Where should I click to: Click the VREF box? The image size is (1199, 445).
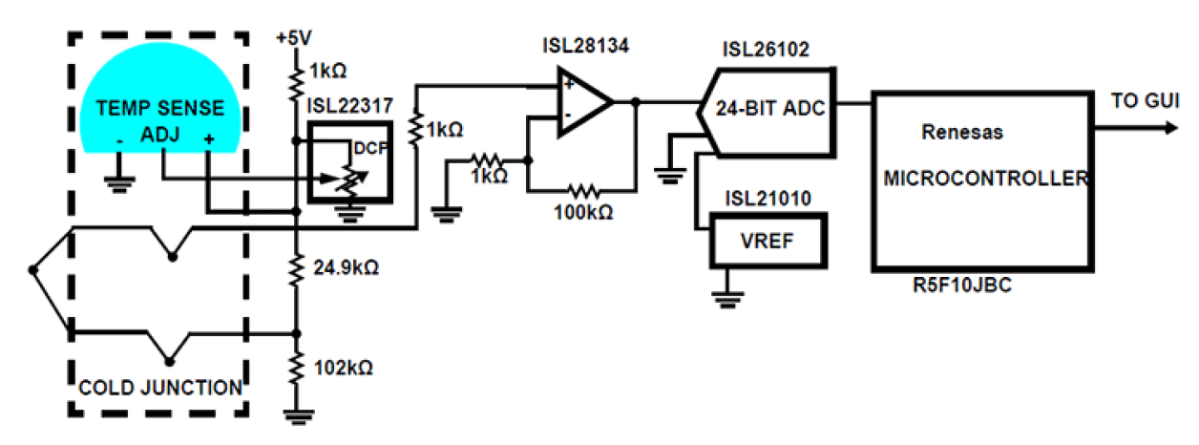coord(767,240)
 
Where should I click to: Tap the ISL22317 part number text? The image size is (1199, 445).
coord(349,106)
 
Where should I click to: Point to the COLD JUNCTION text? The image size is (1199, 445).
coord(159,388)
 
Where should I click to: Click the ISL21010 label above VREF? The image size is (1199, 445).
coord(767,199)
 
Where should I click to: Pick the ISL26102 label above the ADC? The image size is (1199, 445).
coord(767,50)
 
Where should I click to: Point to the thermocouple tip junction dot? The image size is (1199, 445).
coord(33,270)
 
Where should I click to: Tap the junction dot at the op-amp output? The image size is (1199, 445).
coord(635,101)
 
